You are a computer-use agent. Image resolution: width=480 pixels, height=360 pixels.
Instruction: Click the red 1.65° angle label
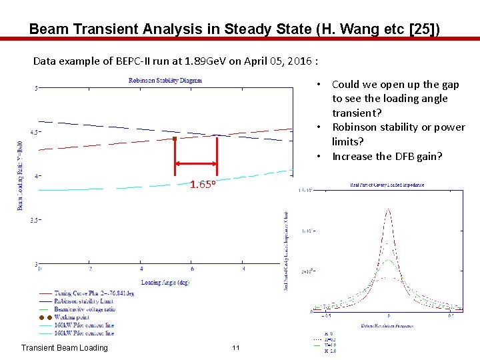click(x=202, y=185)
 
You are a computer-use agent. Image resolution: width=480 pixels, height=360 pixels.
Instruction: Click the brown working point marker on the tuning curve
click(x=175, y=139)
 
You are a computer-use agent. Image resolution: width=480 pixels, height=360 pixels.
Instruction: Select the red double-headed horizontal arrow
click(x=196, y=163)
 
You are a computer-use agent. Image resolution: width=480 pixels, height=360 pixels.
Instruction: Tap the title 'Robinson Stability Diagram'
click(x=165, y=81)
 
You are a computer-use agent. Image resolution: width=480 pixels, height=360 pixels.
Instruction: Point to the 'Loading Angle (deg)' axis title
click(x=165, y=282)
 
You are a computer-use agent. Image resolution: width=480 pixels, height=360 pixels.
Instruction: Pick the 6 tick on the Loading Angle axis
click(x=192, y=269)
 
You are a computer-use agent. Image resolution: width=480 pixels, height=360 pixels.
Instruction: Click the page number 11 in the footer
click(x=235, y=348)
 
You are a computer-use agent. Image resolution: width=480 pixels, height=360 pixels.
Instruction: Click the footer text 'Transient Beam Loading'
click(x=64, y=348)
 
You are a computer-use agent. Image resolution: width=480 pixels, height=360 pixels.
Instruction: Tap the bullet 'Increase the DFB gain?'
click(x=387, y=156)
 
